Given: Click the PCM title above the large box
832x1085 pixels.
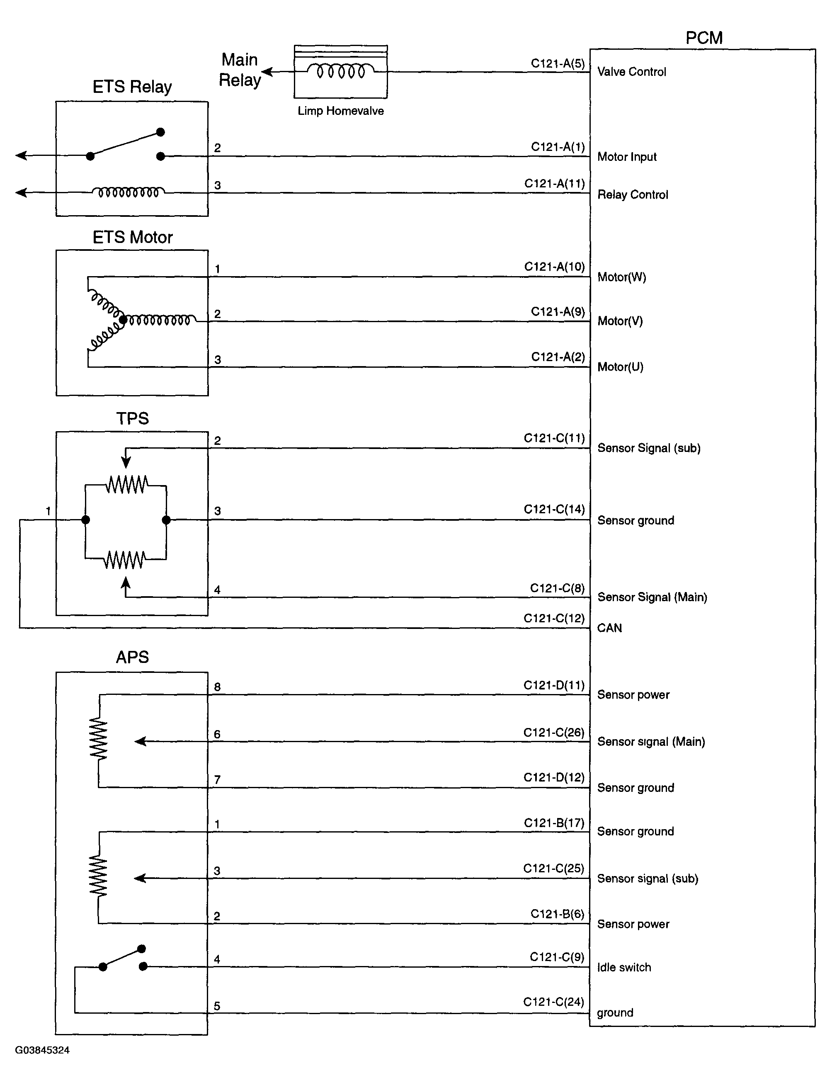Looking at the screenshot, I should (704, 38).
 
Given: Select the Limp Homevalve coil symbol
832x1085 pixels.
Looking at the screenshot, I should (341, 72).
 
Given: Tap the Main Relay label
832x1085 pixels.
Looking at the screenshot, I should (240, 70).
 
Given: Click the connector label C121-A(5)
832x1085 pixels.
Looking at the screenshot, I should (558, 63).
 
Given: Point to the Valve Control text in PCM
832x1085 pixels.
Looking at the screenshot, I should (631, 72).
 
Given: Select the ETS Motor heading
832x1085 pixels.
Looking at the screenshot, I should (132, 237).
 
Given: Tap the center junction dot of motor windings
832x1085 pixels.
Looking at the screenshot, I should (123, 320).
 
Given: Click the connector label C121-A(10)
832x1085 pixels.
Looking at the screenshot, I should (554, 267).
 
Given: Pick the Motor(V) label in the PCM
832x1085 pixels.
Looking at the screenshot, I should (620, 321).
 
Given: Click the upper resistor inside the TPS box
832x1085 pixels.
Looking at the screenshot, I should (126, 485).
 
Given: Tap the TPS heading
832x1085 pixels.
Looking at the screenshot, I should (132, 418).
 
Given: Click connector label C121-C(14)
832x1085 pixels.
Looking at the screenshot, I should (554, 509).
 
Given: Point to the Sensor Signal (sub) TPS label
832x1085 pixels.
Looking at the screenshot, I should (649, 448).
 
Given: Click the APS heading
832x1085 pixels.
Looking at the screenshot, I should (132, 657).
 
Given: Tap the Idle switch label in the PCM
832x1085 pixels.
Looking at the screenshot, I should (624, 967).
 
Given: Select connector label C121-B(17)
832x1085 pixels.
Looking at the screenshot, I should (554, 823).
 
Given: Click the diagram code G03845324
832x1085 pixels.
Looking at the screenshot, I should (42, 1050).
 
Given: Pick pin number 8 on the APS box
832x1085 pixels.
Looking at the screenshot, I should (217, 687).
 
